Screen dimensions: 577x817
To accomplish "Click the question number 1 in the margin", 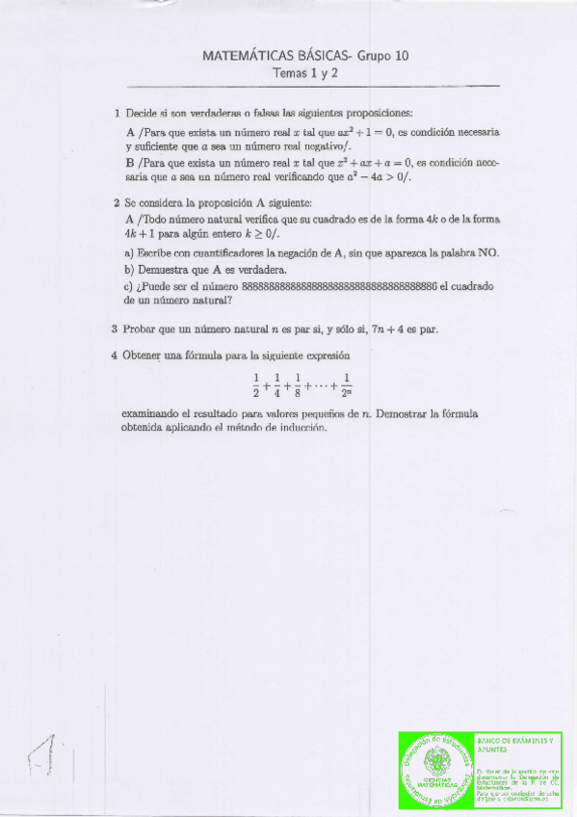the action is click(117, 113).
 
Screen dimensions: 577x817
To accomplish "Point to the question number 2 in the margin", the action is click(117, 203).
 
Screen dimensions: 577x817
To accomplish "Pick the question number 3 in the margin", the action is click(116, 329).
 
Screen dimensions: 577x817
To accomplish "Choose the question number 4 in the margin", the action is click(116, 356).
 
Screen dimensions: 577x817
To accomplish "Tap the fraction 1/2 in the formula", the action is click(256, 385).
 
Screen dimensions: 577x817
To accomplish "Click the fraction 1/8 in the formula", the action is click(299, 385).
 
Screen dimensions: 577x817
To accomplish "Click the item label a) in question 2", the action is click(129, 253).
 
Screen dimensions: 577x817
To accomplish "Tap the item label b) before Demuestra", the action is click(129, 270).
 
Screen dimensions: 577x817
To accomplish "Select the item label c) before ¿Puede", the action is click(129, 286).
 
